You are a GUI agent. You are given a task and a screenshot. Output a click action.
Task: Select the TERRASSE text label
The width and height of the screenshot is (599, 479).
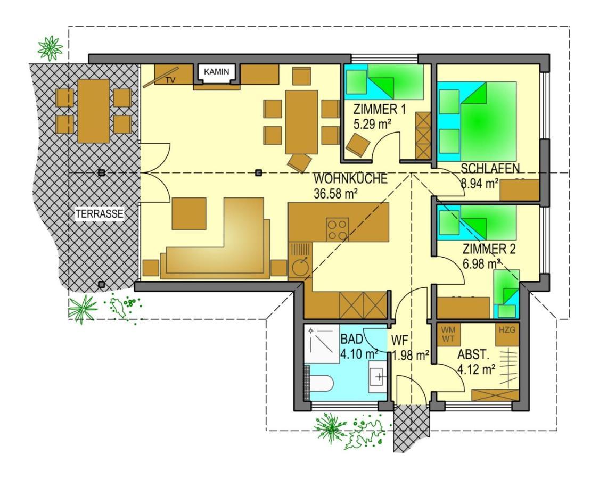point(100,214)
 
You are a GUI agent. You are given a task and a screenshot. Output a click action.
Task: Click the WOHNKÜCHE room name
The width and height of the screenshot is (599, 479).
point(350,179)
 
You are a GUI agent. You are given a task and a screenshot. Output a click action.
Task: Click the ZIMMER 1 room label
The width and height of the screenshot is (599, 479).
point(380,110)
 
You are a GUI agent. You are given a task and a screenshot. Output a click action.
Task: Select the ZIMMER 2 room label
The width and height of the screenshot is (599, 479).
point(489,249)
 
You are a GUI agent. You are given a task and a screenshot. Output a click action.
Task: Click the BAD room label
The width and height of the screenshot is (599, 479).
point(352,339)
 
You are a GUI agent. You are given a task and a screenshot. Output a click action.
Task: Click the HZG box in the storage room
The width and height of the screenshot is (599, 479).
point(507,330)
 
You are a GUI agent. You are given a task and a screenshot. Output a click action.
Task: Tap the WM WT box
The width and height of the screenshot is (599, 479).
point(448,334)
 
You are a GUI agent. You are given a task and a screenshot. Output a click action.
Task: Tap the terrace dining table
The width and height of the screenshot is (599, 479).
point(93,111)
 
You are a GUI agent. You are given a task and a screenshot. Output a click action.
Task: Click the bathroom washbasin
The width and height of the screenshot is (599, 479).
point(379,377)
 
